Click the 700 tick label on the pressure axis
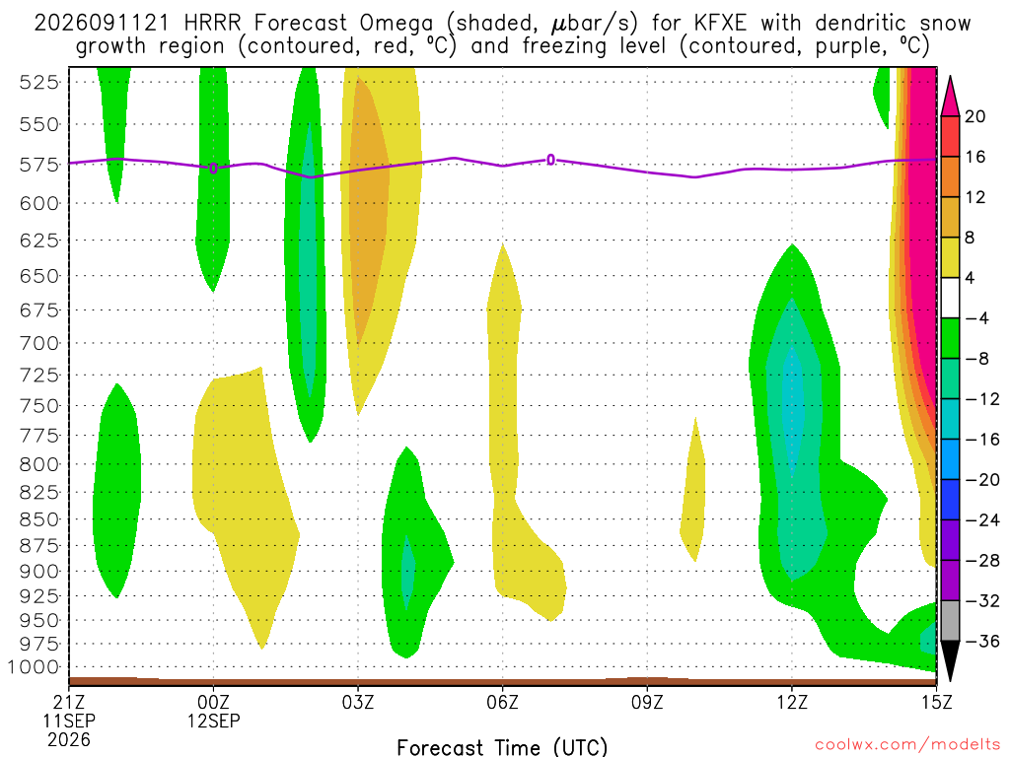38,343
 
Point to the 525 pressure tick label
38,83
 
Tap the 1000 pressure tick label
33,667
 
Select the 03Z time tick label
357,701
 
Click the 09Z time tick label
647,701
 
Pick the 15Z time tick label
936,701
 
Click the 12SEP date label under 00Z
213,721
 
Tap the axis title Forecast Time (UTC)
502,747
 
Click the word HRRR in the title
212,24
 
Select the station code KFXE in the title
720,24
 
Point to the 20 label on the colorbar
974,116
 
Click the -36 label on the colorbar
983,641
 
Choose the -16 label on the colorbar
983,439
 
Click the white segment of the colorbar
950,298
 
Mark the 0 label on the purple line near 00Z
213,169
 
